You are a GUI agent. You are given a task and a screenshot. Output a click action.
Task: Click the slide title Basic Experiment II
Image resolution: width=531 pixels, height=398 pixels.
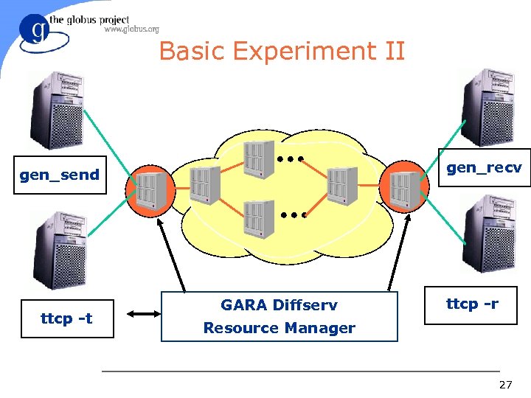pos(282,52)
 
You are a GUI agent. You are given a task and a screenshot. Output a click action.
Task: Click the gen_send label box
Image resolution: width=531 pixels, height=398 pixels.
pos(60,175)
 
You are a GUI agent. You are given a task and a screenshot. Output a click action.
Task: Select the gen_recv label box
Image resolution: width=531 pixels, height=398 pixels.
pos(484,167)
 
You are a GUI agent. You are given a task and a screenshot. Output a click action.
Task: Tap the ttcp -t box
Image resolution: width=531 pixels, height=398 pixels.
pos(67,318)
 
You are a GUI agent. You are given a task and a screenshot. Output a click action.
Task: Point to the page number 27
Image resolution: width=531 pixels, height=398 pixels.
pos(505,385)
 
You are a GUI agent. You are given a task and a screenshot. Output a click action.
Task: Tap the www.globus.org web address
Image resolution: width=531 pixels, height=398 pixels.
pos(131,30)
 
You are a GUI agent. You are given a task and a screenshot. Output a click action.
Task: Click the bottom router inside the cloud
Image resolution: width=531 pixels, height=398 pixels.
pos(260,219)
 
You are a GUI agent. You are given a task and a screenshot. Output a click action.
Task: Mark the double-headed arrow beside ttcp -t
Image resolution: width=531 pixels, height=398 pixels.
pos(144,314)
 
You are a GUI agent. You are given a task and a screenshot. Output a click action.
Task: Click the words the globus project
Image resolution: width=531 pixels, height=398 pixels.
pos(89,20)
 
